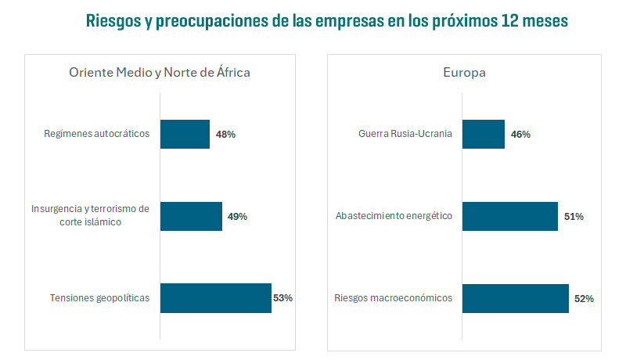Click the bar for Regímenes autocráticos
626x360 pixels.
(x=185, y=134)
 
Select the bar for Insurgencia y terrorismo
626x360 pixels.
(x=191, y=216)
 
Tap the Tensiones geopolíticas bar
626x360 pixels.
(x=215, y=298)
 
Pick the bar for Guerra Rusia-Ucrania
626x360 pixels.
(x=484, y=134)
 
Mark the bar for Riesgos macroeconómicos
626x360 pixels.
(x=515, y=298)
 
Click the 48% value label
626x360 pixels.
(x=225, y=135)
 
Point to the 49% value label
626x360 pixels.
(x=237, y=217)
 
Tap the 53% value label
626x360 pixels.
(x=282, y=298)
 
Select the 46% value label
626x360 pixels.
(x=520, y=135)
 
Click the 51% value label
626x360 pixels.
(x=574, y=217)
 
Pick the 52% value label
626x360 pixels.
(x=584, y=299)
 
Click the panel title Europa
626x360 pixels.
(x=464, y=73)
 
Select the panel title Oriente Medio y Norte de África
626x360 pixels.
(x=160, y=73)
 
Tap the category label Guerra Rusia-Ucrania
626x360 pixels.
(x=405, y=134)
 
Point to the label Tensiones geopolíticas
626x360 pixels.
(x=99, y=298)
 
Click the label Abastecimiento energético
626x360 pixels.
(x=394, y=216)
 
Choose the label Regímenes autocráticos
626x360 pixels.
(x=96, y=134)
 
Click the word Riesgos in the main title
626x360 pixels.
(x=113, y=21)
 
